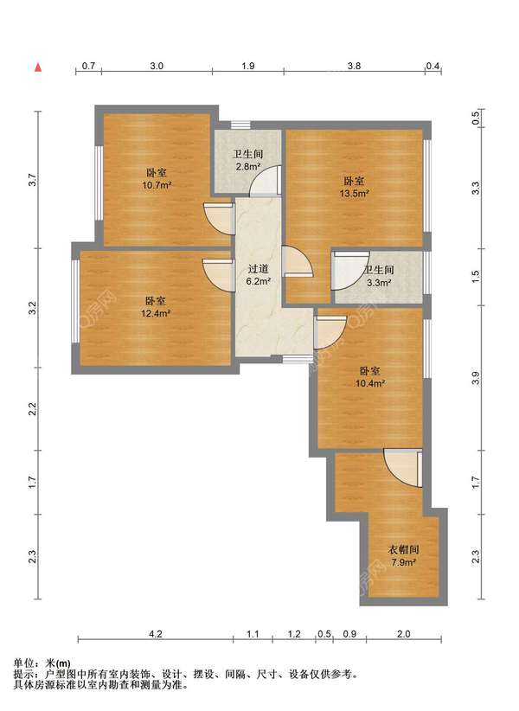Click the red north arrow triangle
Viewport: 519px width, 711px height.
(x=39, y=68)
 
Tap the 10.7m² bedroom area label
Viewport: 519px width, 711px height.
(x=157, y=185)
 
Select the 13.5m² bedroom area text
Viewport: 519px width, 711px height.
(x=354, y=193)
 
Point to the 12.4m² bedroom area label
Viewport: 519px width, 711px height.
(x=156, y=313)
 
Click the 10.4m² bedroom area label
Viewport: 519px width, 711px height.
(x=371, y=383)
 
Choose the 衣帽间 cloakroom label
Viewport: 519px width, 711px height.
(x=403, y=550)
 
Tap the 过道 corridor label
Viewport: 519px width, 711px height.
(x=258, y=269)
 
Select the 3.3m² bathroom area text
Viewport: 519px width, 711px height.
(x=379, y=282)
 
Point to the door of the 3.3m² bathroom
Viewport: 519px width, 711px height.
(x=347, y=271)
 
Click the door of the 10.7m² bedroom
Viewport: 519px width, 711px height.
(x=219, y=220)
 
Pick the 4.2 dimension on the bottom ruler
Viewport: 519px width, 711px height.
(x=156, y=633)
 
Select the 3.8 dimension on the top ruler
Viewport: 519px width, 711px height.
(x=354, y=66)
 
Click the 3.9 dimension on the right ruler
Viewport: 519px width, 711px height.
(x=475, y=378)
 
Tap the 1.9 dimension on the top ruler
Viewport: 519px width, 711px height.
(x=248, y=66)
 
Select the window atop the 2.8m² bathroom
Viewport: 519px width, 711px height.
(x=240, y=125)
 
